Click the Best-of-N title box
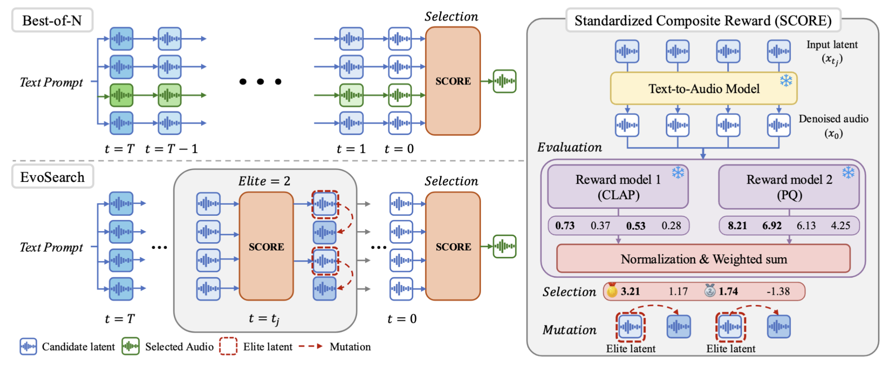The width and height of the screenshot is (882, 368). pos(52,20)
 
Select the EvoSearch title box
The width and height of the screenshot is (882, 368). pos(53,177)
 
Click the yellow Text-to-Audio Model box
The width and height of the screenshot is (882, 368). pos(703,89)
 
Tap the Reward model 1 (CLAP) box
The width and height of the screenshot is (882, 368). pos(618,187)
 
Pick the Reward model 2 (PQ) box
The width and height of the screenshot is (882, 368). pos(789,187)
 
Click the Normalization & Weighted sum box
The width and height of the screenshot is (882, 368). pos(703,259)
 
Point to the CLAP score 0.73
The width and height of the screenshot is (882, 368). pos(565,226)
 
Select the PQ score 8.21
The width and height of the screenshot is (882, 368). pos(737,226)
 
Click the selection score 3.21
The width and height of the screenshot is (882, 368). pos(630,291)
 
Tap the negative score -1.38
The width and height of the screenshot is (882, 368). pos(778,291)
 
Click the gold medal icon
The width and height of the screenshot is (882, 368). pos(612,290)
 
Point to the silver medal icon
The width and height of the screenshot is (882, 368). pos(710,290)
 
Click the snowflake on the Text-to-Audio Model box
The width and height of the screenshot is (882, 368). pos(786,80)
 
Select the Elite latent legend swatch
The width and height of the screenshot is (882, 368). pos(228,346)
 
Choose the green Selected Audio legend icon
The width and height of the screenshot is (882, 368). pos(130,346)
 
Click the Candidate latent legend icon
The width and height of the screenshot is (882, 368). pos(28,346)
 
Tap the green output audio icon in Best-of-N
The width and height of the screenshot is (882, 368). pos(505,81)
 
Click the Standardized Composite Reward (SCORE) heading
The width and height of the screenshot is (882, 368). pos(703,20)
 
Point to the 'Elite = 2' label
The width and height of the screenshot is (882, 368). pos(264,181)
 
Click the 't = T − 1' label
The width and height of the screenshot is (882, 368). pos(171,149)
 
